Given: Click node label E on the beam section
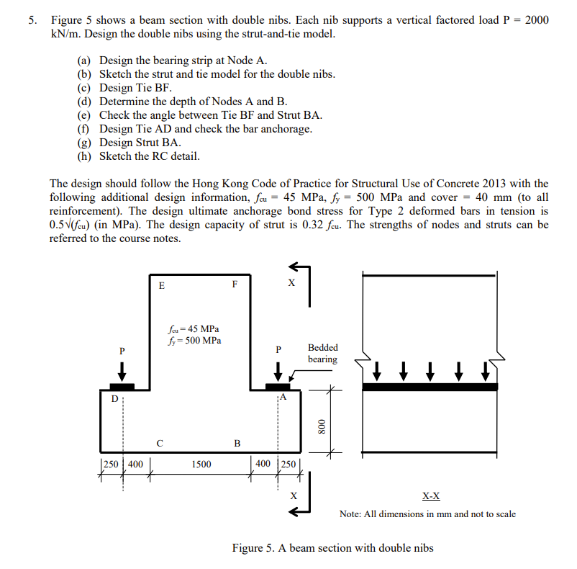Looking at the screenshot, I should point(161,285).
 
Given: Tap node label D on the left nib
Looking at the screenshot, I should point(112,397).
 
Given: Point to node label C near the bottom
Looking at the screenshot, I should point(160,442).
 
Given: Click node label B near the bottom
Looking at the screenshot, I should point(237,442).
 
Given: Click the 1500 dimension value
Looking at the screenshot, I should point(201,465).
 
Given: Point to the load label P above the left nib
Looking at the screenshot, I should point(122,351).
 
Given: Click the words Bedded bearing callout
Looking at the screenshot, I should point(322,353).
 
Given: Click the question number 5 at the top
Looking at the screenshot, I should point(32,20).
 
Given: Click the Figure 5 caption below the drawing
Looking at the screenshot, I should point(332,548).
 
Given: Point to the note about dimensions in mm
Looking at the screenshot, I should point(427,514).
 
